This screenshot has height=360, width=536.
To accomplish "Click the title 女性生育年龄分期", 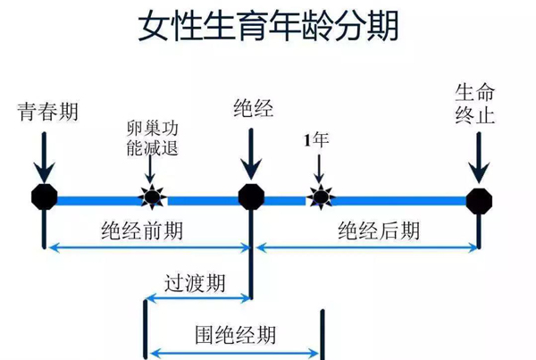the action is (x=268, y=26).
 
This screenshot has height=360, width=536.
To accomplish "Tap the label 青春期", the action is (x=48, y=111).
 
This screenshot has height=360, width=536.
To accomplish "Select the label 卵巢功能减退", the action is (x=153, y=138).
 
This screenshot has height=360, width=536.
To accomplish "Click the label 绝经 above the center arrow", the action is (x=254, y=108).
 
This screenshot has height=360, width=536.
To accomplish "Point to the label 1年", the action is (x=316, y=140).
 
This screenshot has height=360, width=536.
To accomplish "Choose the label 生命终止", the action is (x=475, y=104).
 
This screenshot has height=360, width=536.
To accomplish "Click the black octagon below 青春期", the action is (x=45, y=197).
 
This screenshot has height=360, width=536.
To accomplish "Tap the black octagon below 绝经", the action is (x=251, y=197).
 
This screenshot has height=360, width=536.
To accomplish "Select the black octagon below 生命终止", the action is (x=479, y=201).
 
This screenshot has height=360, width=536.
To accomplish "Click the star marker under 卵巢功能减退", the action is (x=152, y=197).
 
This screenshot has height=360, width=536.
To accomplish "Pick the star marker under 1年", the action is (x=321, y=197).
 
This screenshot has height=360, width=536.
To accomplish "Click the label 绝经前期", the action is (x=142, y=230).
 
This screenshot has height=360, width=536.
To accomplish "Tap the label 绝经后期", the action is (x=379, y=230).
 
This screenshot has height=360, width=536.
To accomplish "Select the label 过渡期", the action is (x=195, y=283).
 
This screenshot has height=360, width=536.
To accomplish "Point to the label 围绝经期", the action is (x=236, y=335).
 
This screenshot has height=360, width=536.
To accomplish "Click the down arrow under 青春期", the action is (x=44, y=158).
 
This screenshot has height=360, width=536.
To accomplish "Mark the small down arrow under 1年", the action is (x=319, y=169).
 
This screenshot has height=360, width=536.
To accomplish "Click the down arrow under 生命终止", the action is (x=479, y=158).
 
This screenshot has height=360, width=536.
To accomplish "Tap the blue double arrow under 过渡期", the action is (x=199, y=298).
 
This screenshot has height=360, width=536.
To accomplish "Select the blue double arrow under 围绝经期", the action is (x=234, y=353).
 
